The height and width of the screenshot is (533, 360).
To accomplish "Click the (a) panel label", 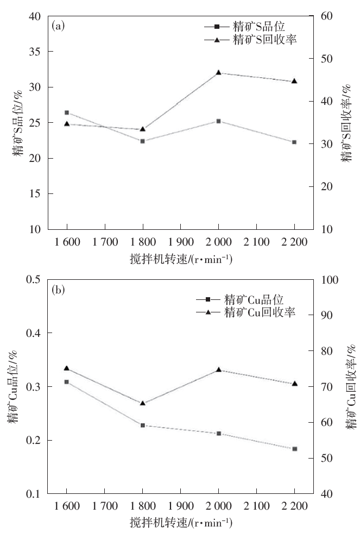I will tap(58, 26).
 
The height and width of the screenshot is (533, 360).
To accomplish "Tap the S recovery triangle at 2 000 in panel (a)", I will tap(218, 72).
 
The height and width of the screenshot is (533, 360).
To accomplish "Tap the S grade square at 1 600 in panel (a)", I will tap(67, 112).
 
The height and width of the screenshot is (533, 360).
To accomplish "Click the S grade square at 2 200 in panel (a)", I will tap(294, 142).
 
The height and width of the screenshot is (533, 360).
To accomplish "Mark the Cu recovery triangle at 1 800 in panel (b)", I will tap(143, 403).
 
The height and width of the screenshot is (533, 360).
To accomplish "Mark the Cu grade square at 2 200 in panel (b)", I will tap(294, 449).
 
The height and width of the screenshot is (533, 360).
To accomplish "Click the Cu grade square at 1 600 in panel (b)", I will tap(67, 382).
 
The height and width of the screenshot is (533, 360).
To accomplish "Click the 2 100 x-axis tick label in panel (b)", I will tap(256, 506).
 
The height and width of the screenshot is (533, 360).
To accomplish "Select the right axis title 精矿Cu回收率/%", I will tap(351, 387).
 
